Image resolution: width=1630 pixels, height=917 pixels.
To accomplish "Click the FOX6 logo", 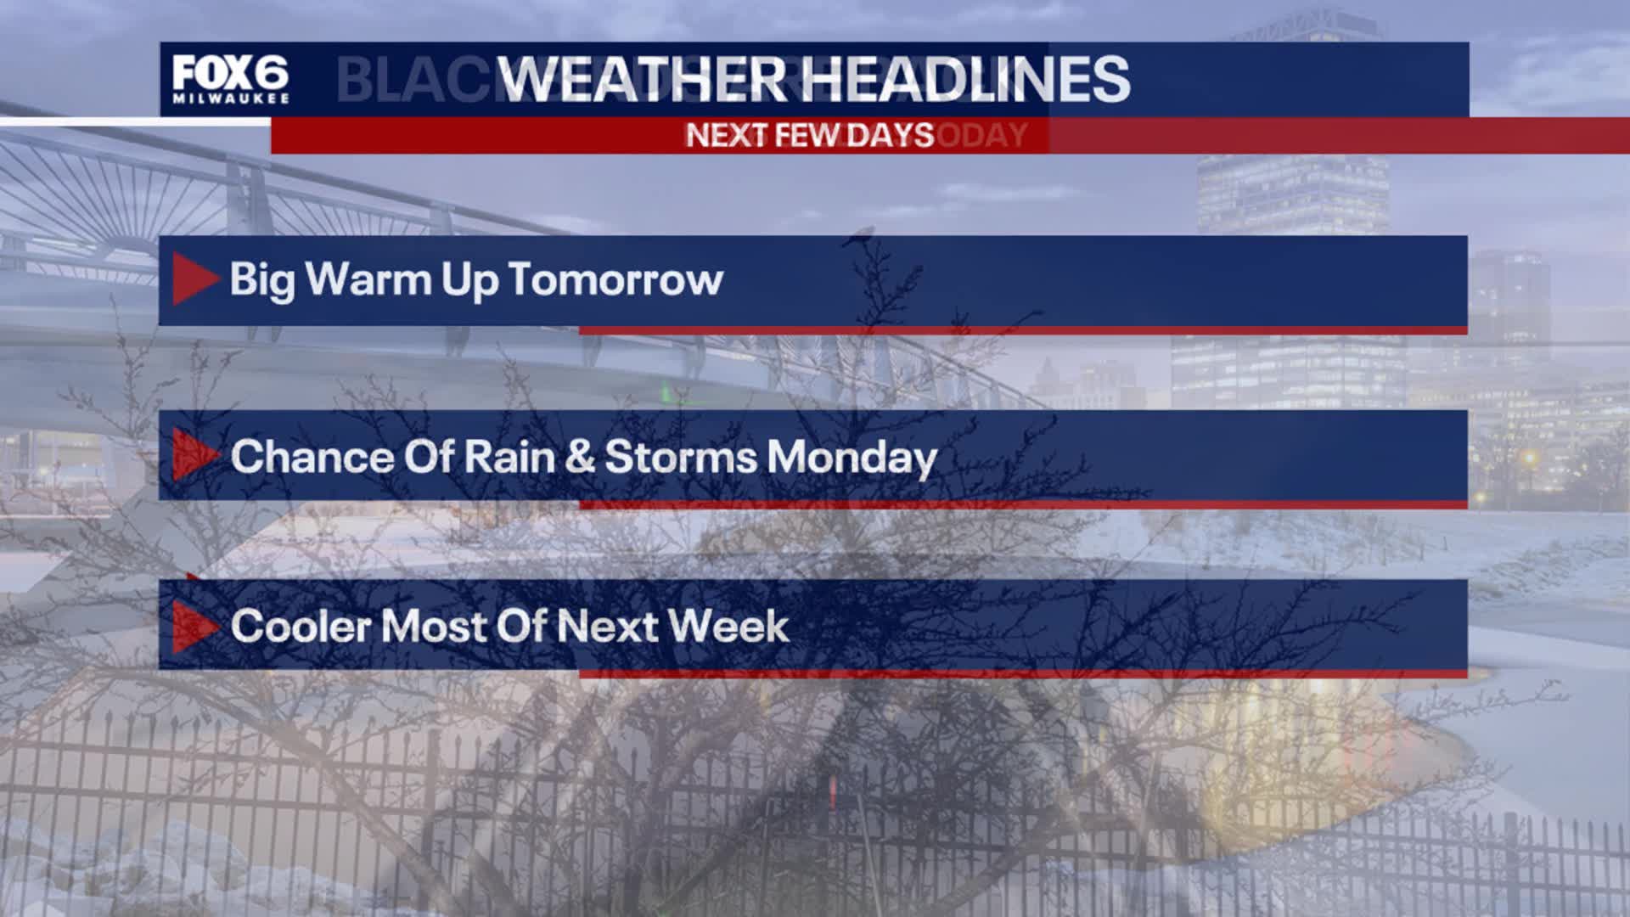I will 230,74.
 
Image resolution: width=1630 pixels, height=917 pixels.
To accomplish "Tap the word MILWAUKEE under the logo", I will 230,98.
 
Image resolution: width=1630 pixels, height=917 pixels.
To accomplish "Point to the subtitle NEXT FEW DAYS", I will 809,135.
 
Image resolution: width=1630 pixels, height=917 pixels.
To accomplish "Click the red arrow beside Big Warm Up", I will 194,279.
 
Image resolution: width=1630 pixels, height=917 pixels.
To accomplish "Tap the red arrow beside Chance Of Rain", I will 194,455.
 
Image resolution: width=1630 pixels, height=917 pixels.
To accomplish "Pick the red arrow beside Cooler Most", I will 194,627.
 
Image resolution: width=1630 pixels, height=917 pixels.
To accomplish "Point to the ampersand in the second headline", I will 579,457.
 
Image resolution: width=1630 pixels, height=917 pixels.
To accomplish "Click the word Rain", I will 508,457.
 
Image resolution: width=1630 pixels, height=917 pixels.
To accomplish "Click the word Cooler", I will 301,627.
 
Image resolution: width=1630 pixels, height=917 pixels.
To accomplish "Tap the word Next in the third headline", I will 607,627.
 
